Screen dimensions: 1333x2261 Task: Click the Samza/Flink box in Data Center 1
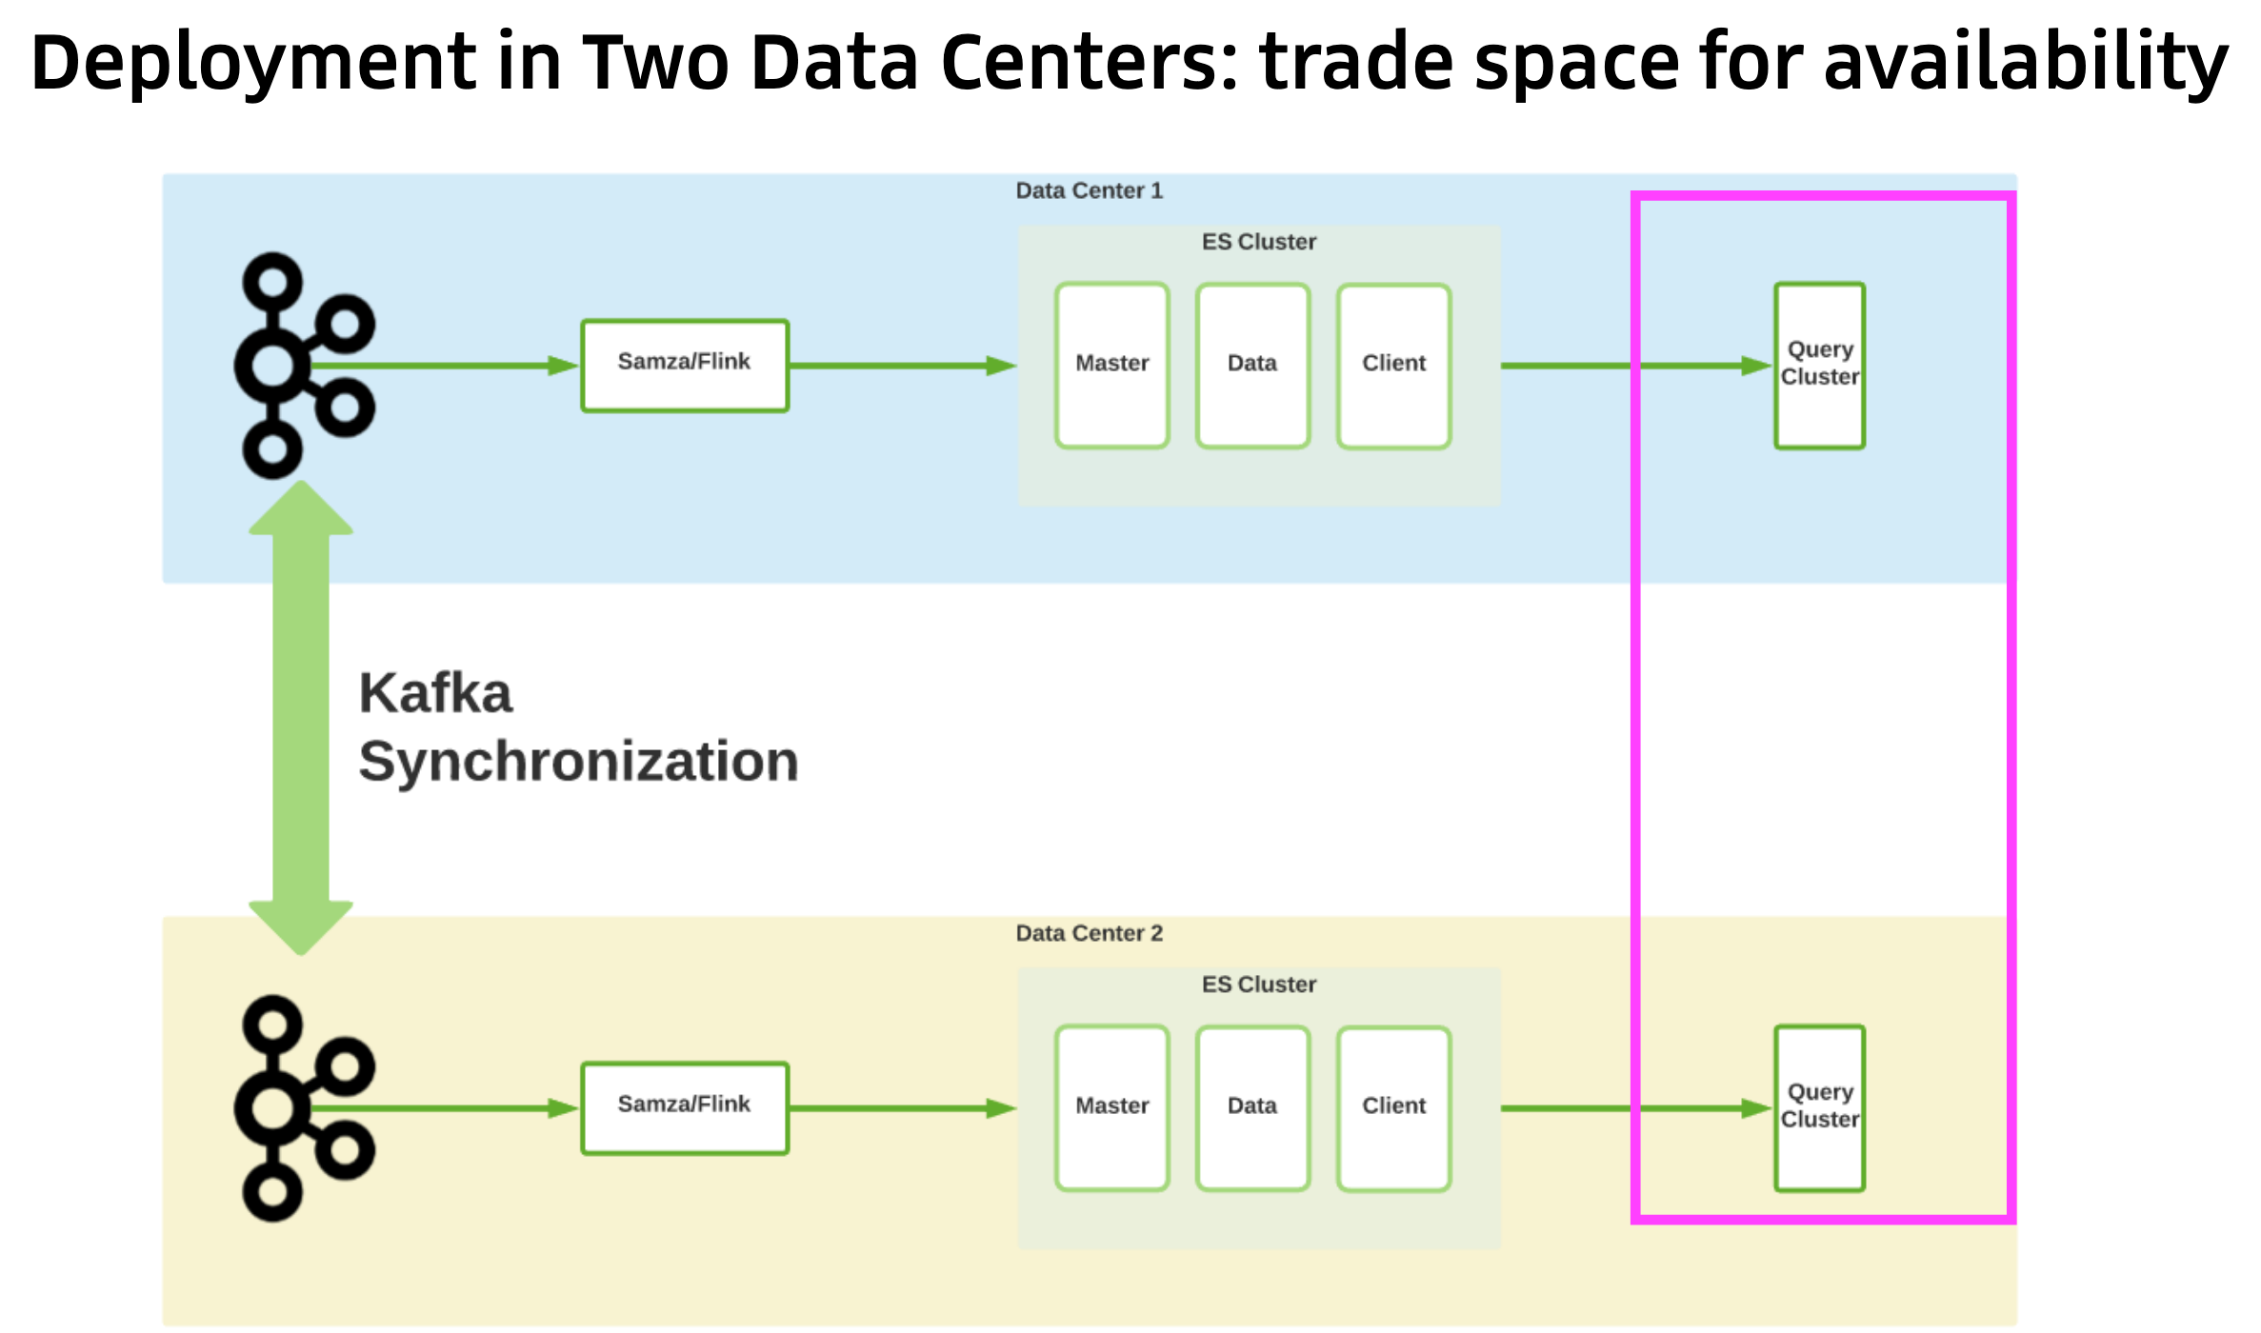point(685,366)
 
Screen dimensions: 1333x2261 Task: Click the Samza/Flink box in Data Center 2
point(685,1108)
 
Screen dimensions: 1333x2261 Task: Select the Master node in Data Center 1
point(1111,366)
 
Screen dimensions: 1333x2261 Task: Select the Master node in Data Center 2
point(1111,1108)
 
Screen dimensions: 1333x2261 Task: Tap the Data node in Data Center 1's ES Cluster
point(1252,366)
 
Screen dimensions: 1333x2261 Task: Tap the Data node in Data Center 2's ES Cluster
point(1252,1108)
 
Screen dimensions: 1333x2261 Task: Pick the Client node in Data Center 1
point(1393,366)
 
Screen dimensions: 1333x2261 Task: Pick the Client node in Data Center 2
point(1393,1108)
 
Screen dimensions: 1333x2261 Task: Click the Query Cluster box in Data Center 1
point(1819,366)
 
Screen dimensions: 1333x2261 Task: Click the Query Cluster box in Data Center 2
point(1819,1108)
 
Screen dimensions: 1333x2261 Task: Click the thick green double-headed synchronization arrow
point(301,716)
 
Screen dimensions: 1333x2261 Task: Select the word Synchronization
point(578,763)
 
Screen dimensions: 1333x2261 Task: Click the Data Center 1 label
point(1089,190)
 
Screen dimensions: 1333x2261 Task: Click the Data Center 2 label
point(1089,933)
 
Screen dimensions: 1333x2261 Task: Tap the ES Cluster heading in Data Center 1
point(1258,242)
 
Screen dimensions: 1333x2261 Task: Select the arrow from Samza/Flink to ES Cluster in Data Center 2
point(900,1108)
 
